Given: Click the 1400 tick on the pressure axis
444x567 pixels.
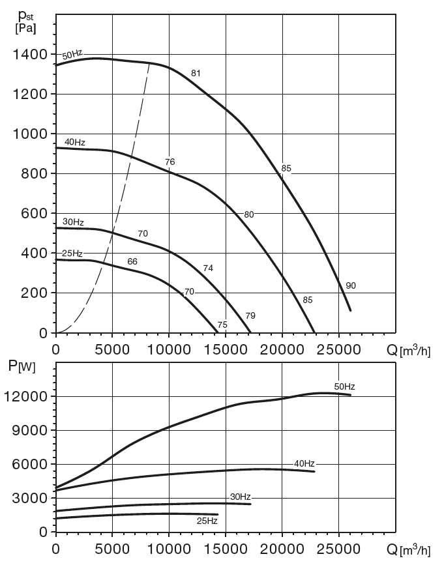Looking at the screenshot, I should pyautogui.click(x=29, y=54).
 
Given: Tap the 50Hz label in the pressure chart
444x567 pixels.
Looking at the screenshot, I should pyautogui.click(x=72, y=55).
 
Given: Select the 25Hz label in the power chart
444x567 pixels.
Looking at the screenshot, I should pyautogui.click(x=207, y=520).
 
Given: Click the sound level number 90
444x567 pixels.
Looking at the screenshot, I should pyautogui.click(x=351, y=285).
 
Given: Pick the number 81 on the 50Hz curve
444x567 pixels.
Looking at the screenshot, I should pyautogui.click(x=196, y=73).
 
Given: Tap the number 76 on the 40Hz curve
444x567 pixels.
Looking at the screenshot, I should pyautogui.click(x=170, y=162).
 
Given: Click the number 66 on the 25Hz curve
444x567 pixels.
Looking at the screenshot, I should pyautogui.click(x=132, y=261).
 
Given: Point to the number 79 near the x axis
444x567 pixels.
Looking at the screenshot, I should pyautogui.click(x=250, y=315).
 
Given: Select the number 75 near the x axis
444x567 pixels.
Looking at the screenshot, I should pyautogui.click(x=222, y=325).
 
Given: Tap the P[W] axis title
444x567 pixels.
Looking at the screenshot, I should pyautogui.click(x=23, y=366).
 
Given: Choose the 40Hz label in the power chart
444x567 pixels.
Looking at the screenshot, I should pyautogui.click(x=304, y=463).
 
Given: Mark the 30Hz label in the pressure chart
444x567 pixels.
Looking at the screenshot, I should pyautogui.click(x=73, y=222).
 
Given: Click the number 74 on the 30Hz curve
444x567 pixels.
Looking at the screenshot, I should pyautogui.click(x=208, y=268).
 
